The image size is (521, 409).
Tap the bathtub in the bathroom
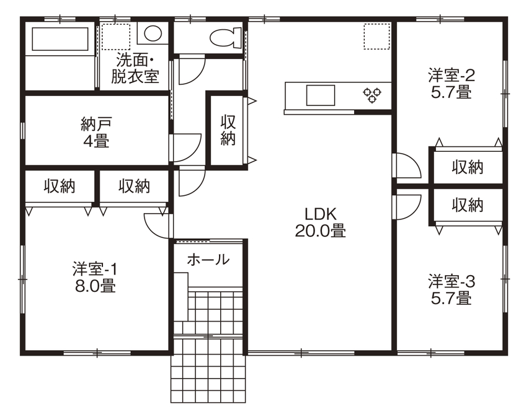pyautogui.click(x=59, y=40)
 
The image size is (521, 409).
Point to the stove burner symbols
pyautogui.click(x=372, y=95)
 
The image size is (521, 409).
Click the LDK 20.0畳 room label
pyautogui.click(x=320, y=222)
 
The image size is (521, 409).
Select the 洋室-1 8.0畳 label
pyautogui.click(x=94, y=278)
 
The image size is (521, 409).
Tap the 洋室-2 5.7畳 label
pyautogui.click(x=451, y=84)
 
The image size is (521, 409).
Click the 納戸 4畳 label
pyautogui.click(x=96, y=131)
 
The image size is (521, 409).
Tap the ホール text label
pyautogui.click(x=208, y=260)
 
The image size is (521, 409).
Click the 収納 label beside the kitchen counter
pyautogui.click(x=228, y=130)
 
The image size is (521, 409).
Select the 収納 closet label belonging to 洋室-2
pyautogui.click(x=467, y=167)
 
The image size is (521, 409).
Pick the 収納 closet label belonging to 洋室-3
pyautogui.click(x=467, y=205)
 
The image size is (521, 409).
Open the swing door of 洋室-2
pyautogui.click(x=406, y=165)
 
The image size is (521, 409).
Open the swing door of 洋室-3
pyautogui.click(x=406, y=206)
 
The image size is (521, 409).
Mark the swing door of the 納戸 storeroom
pyautogui.click(x=187, y=146)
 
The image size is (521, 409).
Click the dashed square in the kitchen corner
pyautogui.click(x=376, y=36)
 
